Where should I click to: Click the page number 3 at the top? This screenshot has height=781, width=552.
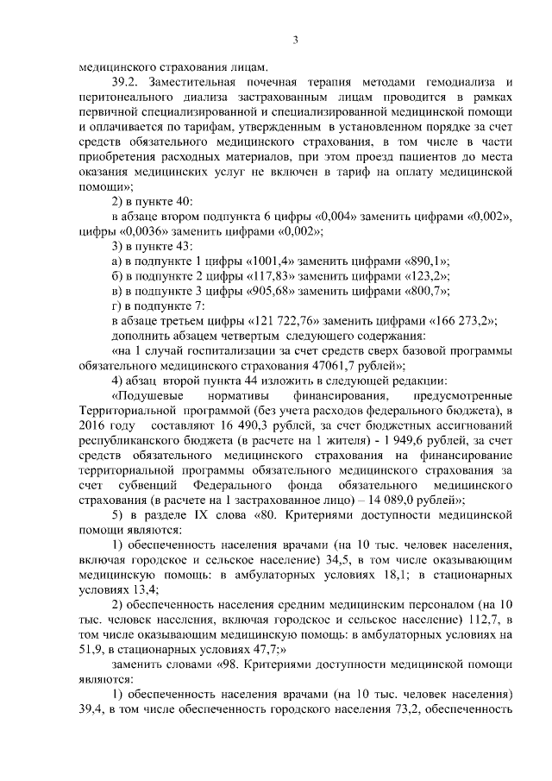point(295,40)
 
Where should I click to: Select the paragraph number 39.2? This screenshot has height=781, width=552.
point(127,82)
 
